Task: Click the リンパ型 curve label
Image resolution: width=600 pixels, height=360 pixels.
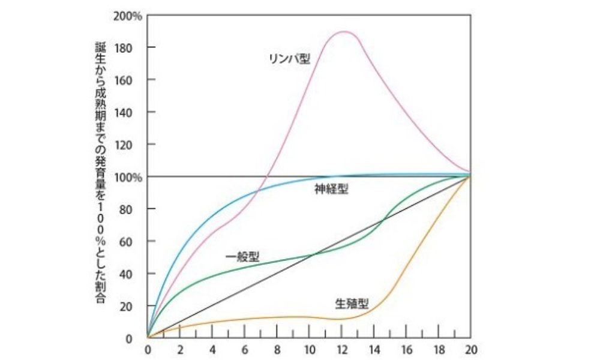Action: [x=290, y=59]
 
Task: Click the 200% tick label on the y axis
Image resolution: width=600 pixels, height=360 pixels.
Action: [x=127, y=15]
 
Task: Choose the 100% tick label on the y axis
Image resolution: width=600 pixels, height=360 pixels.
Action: [x=127, y=177]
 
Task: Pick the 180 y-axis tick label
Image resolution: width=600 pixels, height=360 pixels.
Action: [x=131, y=47]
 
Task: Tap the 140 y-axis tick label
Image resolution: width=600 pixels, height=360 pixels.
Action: [x=131, y=112]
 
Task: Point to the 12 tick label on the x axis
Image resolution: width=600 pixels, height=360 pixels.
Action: [x=342, y=349]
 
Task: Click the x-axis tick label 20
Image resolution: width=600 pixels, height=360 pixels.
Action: [x=471, y=349]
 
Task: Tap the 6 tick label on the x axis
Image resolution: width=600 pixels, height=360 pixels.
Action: [x=245, y=349]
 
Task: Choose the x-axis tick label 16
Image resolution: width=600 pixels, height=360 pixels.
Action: [x=406, y=349]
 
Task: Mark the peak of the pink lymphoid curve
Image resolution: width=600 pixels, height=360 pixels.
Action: [x=343, y=32]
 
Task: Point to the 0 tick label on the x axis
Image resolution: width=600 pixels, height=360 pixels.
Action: [x=148, y=349]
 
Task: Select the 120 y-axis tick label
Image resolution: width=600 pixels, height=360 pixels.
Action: [x=131, y=145]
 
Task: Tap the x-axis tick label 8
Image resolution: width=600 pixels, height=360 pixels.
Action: [x=277, y=349]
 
